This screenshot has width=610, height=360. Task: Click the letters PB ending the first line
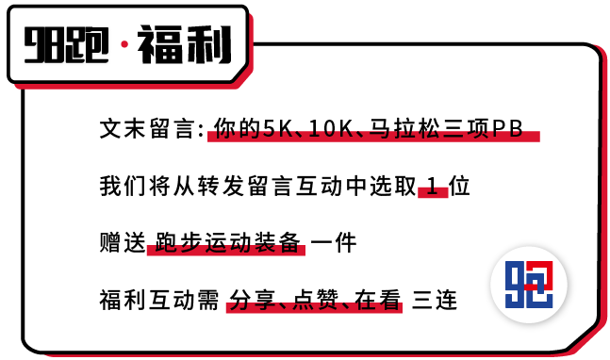click(x=507, y=129)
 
